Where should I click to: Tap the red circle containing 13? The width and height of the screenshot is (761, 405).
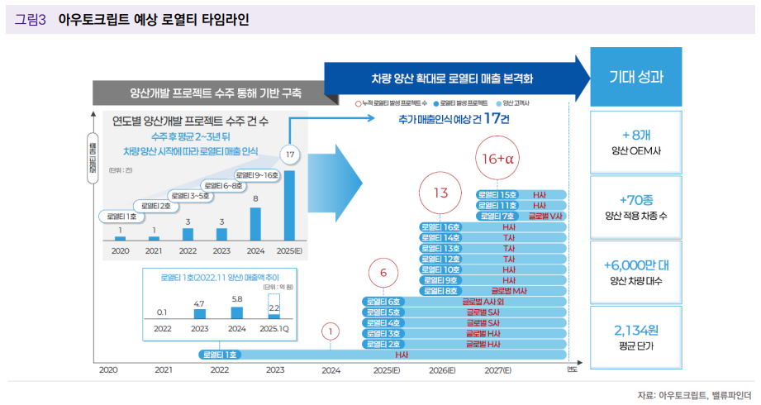coord(440,193)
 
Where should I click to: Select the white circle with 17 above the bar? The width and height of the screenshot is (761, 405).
coord(289,155)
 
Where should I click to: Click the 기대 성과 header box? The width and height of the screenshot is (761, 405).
coord(635,77)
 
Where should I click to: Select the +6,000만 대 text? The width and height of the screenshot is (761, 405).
coord(635,265)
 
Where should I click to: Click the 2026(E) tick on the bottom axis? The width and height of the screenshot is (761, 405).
coord(442,370)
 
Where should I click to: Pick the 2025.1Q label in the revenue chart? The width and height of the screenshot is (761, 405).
coord(275,328)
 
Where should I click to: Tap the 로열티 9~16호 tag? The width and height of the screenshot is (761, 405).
coord(258,175)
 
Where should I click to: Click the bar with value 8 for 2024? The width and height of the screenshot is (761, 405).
coord(255,221)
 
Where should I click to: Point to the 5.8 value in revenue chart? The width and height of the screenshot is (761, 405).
coord(237,298)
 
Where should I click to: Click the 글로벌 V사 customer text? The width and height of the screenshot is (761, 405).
coord(545,216)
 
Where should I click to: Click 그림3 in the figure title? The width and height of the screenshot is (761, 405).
coord(30,19)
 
